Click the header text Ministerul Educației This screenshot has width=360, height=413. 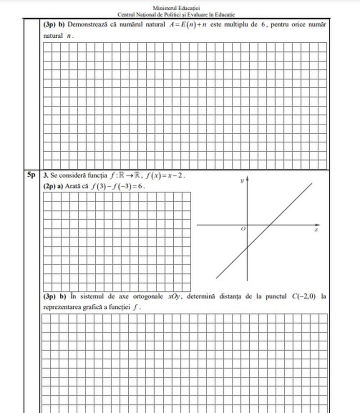180,8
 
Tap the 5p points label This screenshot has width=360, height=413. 31,175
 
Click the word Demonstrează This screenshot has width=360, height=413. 88,24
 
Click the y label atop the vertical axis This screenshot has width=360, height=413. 243,181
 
